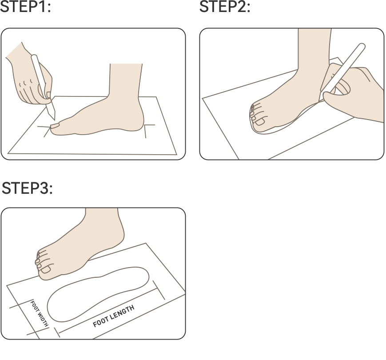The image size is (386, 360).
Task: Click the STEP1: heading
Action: pos(25,7)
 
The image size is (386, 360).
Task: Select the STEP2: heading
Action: pos(224,7)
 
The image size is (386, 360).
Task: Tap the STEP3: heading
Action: pos(27,188)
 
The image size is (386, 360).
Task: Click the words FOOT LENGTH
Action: pos(113,316)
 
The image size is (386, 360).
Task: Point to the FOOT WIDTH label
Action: pos(39,313)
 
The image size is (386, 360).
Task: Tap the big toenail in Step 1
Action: pos(56,126)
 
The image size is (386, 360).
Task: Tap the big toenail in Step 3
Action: pos(46,269)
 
